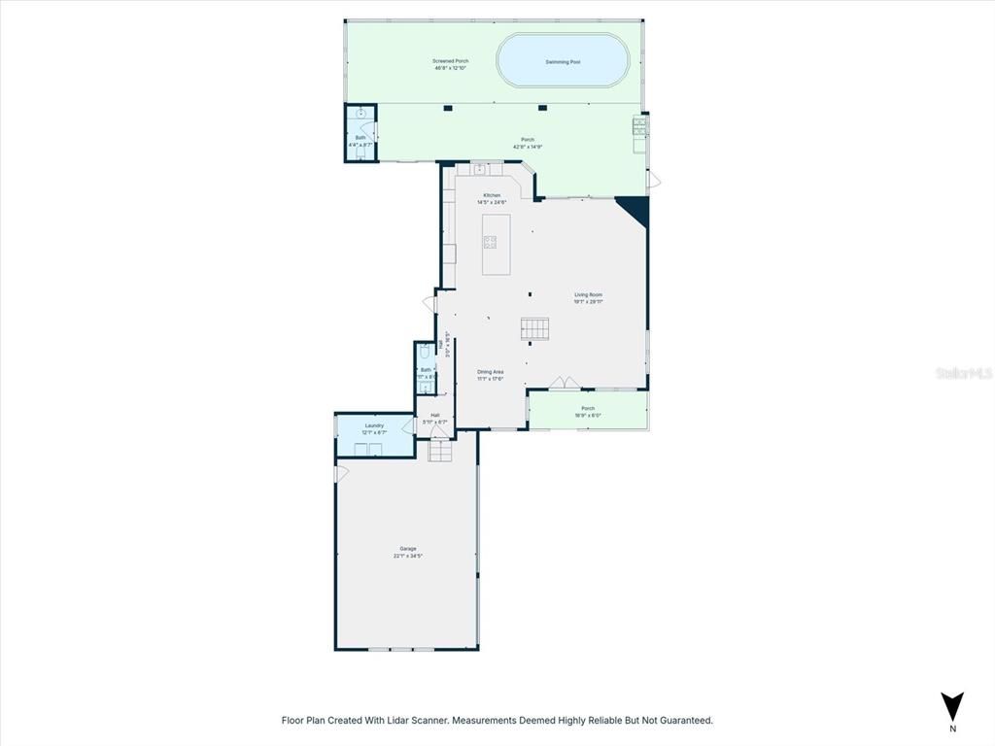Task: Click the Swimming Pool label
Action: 563,62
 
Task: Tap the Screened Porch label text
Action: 451,61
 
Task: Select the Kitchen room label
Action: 493,195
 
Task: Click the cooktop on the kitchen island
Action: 491,242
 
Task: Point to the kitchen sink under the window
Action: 479,169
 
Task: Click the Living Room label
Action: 588,295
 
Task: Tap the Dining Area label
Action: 490,372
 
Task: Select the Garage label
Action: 408,549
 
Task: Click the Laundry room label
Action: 374,425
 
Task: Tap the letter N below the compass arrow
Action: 952,729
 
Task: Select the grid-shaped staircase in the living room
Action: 535,328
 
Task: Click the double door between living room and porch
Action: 561,384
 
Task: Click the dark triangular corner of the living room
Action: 634,208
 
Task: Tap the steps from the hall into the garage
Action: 441,451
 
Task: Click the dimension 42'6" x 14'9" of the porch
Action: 528,147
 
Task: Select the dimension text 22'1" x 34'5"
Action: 408,557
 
